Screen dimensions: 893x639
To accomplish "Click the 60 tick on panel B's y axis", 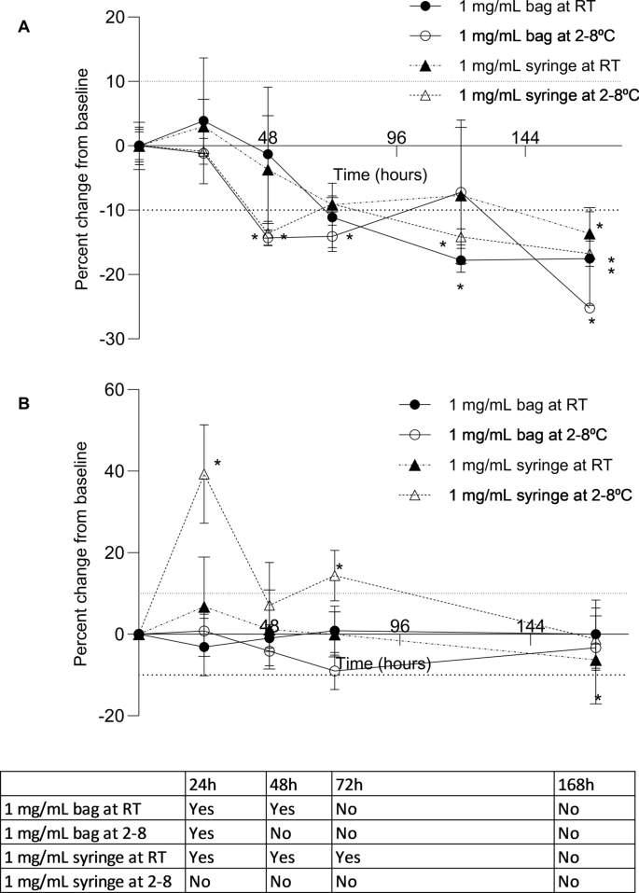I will (114, 390).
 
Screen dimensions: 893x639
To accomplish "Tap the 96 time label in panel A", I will (396, 138).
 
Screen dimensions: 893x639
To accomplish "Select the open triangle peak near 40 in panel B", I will (203, 474).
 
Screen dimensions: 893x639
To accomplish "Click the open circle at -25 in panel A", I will (589, 308).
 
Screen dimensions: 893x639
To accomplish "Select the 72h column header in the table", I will (347, 784).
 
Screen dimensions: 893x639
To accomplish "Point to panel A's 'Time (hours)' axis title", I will (381, 174).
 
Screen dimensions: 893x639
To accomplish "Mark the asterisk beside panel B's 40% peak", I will (217, 464).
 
